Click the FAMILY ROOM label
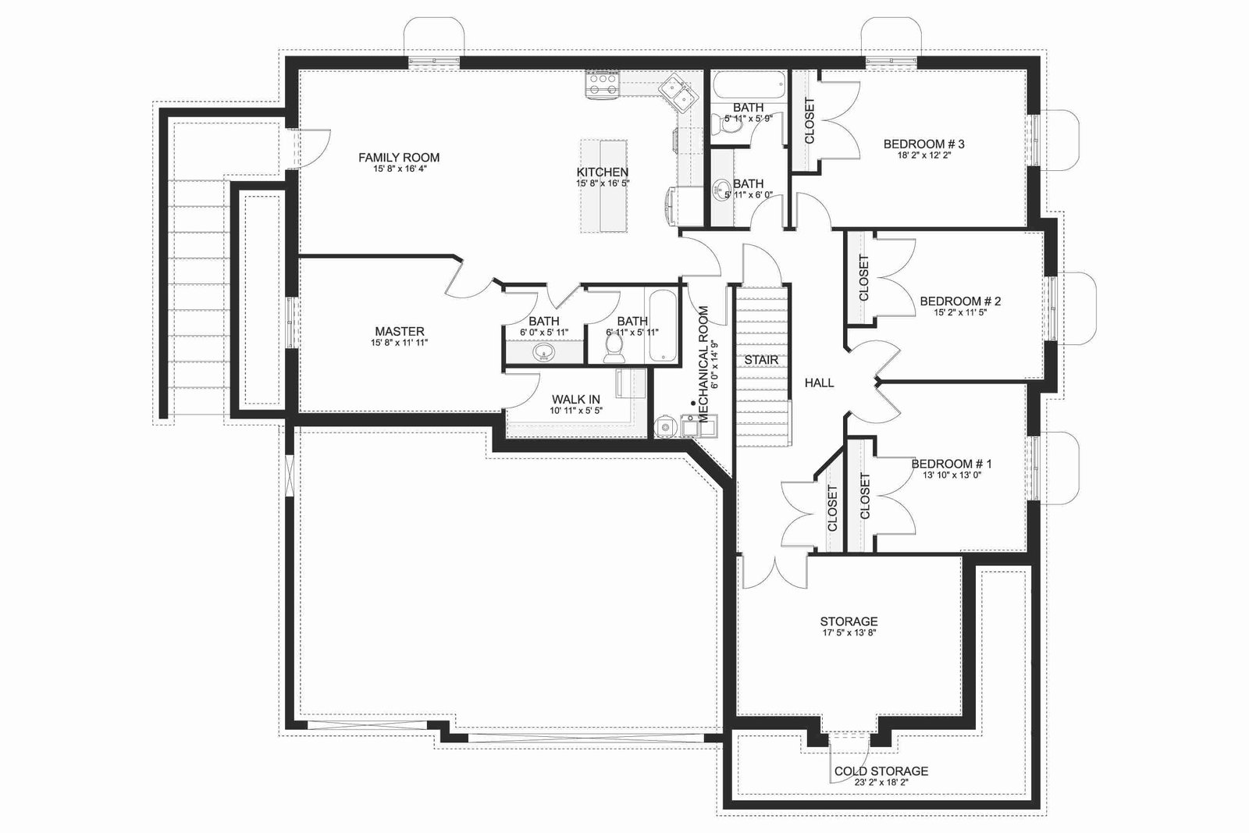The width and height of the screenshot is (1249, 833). point(399,158)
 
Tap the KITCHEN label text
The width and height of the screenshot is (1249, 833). point(602,173)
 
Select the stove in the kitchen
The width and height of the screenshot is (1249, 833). point(602,85)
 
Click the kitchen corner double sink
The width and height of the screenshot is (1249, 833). point(676,93)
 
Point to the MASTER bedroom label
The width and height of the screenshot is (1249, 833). point(399,331)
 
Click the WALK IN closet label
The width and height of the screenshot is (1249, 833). point(576,399)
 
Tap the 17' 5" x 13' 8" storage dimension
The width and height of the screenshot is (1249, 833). point(849,633)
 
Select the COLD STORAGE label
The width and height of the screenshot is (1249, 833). point(881,771)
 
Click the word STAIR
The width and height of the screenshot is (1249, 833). point(761,360)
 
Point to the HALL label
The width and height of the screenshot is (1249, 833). point(819,383)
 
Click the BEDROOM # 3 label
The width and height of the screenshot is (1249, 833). point(924,144)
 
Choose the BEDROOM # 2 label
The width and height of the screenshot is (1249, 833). point(960,301)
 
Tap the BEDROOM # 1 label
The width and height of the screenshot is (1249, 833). point(952,464)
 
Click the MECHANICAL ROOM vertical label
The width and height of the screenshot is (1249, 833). point(703,364)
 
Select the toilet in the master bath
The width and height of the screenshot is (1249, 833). point(614,346)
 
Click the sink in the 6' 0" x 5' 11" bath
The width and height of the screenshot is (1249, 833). point(543,352)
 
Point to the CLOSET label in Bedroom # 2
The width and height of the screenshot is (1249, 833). point(863,278)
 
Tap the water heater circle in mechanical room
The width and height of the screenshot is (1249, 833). point(664,426)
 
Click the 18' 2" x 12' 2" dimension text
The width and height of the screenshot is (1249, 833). point(924,155)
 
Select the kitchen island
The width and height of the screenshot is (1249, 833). point(604,187)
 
